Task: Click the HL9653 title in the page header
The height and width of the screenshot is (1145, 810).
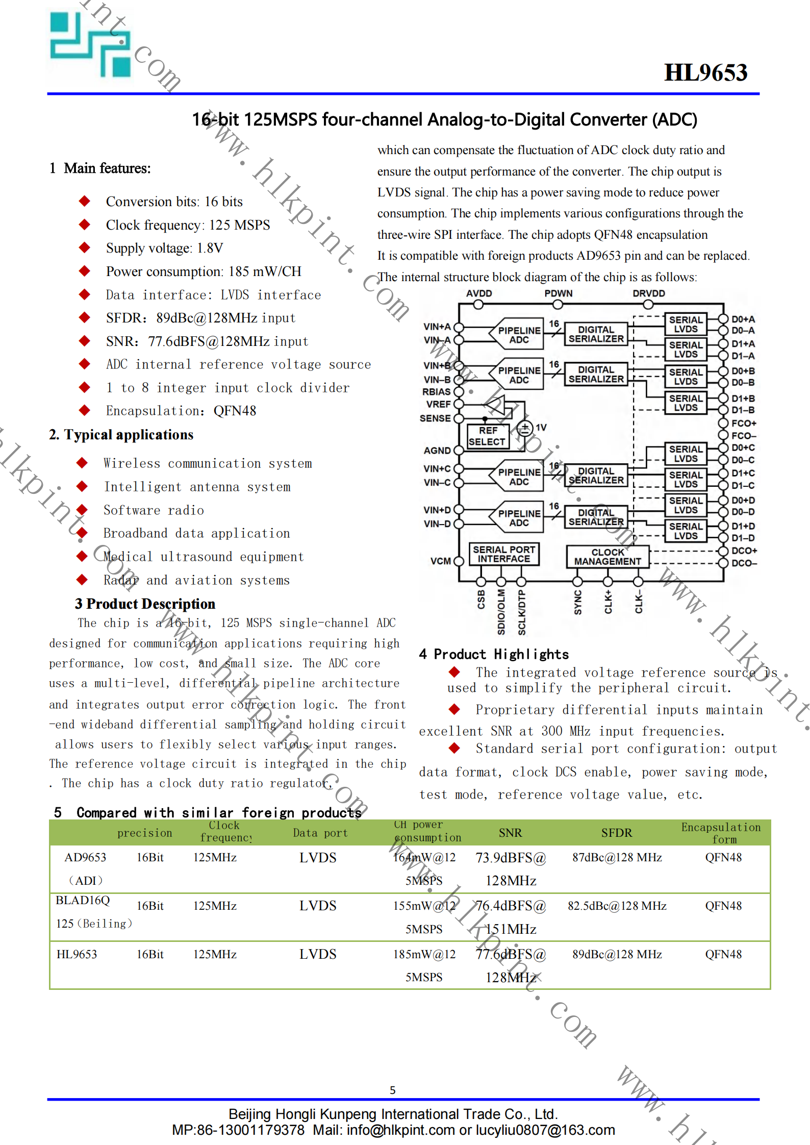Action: tap(705, 72)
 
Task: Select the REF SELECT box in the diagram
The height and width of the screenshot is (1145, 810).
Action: tap(487, 436)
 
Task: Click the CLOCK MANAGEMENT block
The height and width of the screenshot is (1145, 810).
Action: tap(607, 557)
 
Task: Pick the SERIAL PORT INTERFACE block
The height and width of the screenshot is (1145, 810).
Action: tap(504, 554)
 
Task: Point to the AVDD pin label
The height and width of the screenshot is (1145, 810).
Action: tap(479, 293)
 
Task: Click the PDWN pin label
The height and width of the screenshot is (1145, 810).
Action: tap(558, 293)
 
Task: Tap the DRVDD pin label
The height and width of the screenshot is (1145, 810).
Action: tap(648, 293)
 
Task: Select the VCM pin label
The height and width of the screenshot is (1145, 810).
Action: tap(440, 561)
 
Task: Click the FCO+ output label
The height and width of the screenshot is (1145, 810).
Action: tap(744, 424)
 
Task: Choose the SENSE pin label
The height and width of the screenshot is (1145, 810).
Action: tap(435, 418)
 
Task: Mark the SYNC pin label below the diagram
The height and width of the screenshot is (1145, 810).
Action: tap(578, 602)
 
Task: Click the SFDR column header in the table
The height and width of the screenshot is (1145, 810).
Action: tap(616, 833)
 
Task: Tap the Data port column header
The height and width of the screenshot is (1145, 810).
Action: tap(320, 833)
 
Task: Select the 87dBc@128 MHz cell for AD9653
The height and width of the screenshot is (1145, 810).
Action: tap(617, 857)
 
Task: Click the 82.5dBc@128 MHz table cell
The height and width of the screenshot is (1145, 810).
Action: tap(617, 906)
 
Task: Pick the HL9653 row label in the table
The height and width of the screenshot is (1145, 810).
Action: tap(77, 954)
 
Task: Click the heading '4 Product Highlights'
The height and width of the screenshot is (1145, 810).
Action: tap(493, 654)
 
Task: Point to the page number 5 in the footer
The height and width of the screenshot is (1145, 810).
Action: tap(392, 1090)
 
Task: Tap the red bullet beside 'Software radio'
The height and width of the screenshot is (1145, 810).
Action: tap(82, 510)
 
